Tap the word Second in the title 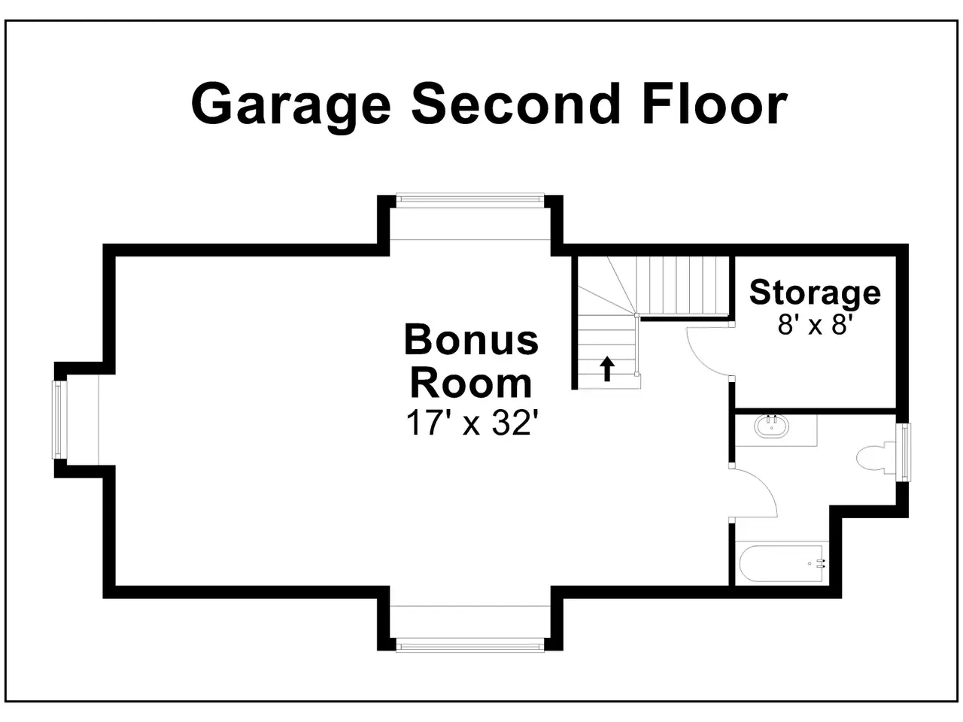[516, 104]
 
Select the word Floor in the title [715, 104]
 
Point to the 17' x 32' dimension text [471, 423]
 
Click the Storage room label [815, 294]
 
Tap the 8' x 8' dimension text [815, 325]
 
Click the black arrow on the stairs [606, 369]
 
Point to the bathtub [781, 563]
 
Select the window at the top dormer [470, 199]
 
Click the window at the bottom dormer [470, 647]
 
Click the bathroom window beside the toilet [904, 452]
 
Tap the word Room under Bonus [471, 384]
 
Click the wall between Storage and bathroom [815, 411]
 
